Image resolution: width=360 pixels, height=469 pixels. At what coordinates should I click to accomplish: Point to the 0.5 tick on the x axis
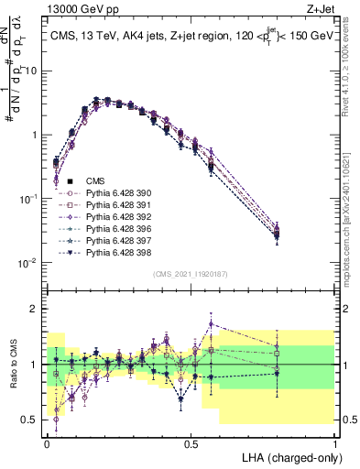tap(191, 442)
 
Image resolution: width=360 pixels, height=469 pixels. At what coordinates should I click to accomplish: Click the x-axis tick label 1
tap(335, 442)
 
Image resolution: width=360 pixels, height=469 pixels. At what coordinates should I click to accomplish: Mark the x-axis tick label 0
tap(47, 442)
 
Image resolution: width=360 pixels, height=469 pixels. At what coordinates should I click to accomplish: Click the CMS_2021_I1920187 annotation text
tap(190, 274)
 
